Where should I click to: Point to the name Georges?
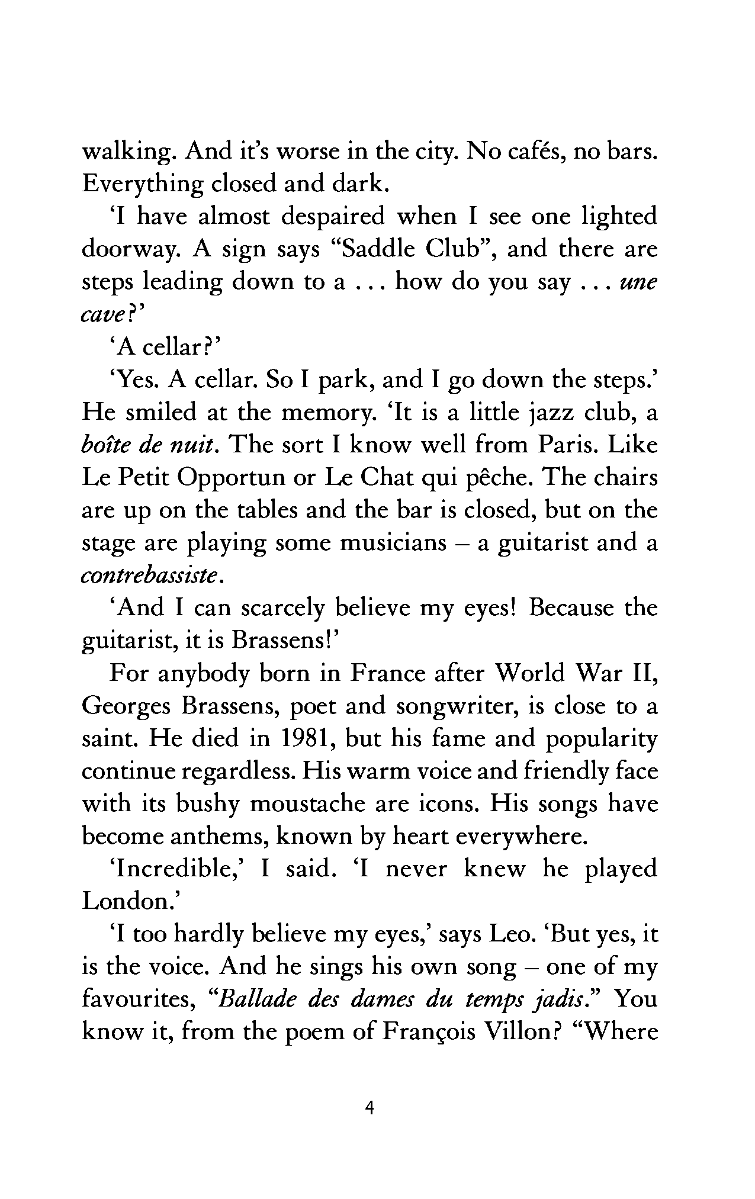(x=121, y=707)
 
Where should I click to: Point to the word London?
(x=126, y=901)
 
